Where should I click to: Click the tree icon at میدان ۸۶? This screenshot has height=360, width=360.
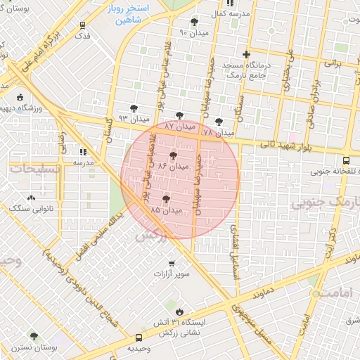(173, 155)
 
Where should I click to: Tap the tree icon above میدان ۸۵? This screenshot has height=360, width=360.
(167, 199)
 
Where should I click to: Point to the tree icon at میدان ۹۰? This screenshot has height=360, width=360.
(193, 22)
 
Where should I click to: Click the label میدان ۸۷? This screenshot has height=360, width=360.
(179, 126)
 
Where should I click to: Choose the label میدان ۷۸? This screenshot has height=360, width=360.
(217, 132)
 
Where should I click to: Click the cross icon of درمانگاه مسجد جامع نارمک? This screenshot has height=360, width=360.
(245, 54)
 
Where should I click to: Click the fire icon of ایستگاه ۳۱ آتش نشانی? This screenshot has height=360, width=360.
(179, 311)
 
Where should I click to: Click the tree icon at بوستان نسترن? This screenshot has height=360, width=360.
(33, 337)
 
